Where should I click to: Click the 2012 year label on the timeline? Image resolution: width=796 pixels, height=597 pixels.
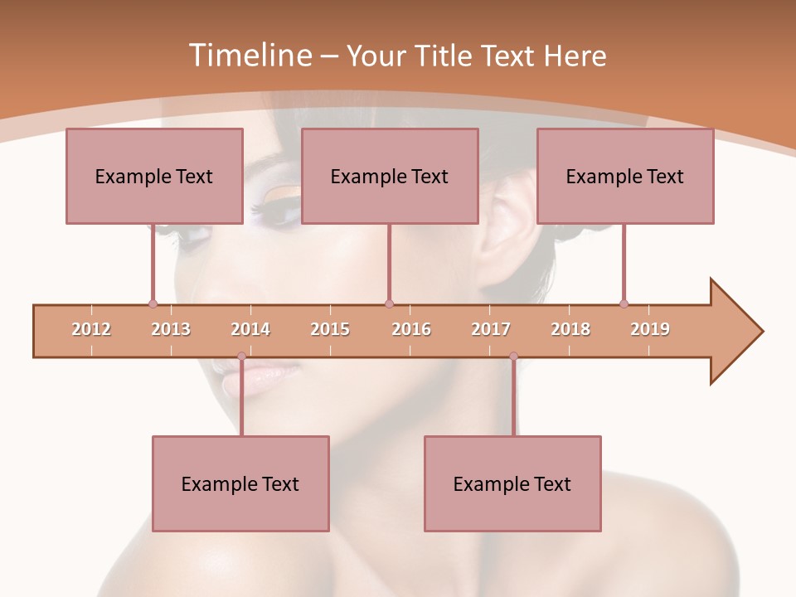tap(91, 330)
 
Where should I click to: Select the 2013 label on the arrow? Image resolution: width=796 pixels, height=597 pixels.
tap(171, 330)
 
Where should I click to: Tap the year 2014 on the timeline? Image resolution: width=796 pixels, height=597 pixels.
tap(250, 330)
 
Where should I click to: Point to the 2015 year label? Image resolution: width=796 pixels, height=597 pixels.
tap(330, 330)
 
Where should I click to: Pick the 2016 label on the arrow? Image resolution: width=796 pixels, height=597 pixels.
tap(411, 330)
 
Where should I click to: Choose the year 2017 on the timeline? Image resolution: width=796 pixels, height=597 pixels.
tap(491, 330)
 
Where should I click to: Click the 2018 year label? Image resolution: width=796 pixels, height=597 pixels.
tap(570, 330)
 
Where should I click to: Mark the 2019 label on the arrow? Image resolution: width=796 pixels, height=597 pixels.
tap(650, 330)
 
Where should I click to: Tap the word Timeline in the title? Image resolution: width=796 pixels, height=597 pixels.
tap(249, 56)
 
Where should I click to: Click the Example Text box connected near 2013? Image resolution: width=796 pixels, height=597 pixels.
tap(154, 176)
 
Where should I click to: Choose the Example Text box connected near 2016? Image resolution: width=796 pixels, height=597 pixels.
tap(390, 176)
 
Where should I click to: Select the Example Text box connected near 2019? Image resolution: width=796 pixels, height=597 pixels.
tap(625, 176)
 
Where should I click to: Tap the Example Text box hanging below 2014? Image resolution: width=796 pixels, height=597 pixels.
tap(240, 483)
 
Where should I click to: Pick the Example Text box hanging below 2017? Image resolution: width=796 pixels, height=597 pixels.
tap(512, 483)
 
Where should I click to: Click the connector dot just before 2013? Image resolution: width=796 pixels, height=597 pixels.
tap(153, 303)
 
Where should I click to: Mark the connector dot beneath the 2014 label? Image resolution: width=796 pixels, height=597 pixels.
tap(241, 357)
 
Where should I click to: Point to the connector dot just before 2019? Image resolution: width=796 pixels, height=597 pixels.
tap(624, 303)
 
